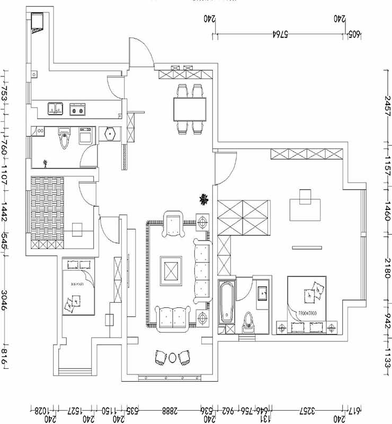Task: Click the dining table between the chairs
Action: tap(190, 109)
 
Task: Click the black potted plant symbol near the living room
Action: tap(202, 199)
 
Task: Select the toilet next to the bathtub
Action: tap(247, 321)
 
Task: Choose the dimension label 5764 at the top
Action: tap(280, 34)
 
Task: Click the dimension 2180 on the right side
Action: tap(387, 268)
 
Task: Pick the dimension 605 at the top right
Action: tap(353, 34)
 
